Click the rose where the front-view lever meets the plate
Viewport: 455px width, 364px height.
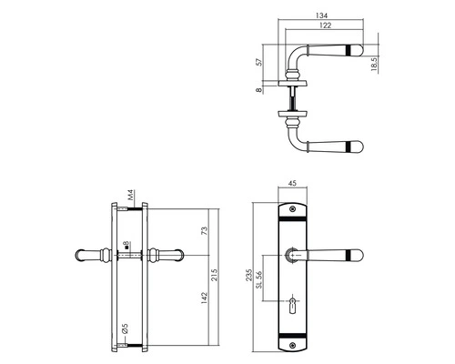tap(293, 257)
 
